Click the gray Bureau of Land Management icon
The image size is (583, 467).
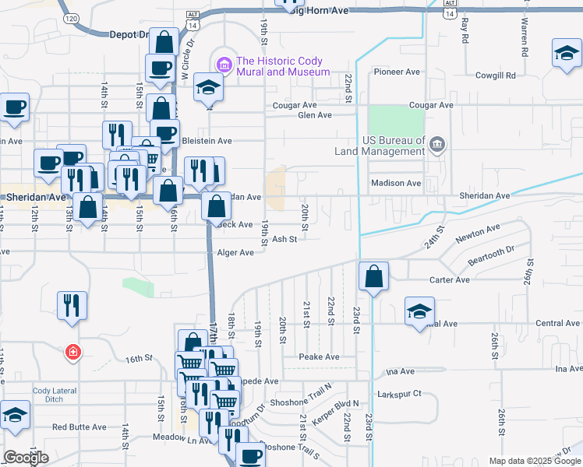click(x=436, y=144)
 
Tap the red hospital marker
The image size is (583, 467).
click(x=72, y=353)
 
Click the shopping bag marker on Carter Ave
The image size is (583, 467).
click(x=374, y=276)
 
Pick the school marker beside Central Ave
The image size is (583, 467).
click(x=419, y=311)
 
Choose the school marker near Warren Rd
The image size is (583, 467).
click(x=567, y=54)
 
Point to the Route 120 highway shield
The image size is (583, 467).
click(x=71, y=17)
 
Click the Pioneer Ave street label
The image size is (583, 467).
click(x=397, y=72)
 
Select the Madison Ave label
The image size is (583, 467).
click(x=394, y=183)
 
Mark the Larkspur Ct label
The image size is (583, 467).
click(x=399, y=394)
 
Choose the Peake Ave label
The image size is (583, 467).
click(x=320, y=356)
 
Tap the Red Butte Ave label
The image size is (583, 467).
click(x=79, y=427)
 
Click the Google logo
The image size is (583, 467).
click(x=26, y=458)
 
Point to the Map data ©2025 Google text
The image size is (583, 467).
click(x=534, y=461)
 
